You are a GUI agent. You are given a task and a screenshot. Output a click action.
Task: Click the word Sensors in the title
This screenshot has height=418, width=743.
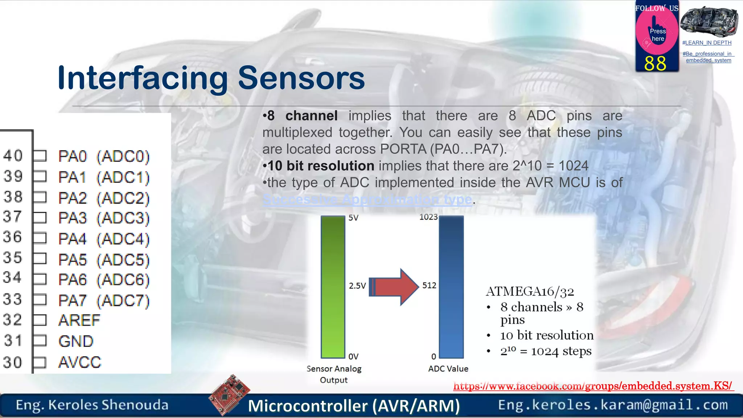(301, 78)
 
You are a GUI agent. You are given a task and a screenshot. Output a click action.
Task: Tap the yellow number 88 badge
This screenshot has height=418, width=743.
(655, 63)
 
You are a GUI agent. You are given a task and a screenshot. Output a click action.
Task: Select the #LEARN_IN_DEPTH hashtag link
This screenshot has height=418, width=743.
(707, 43)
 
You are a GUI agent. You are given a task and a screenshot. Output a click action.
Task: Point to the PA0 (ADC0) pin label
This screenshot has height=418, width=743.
(104, 156)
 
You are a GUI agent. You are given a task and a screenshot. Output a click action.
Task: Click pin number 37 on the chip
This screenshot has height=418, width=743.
(13, 217)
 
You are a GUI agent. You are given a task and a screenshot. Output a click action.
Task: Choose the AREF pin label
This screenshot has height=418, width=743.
(79, 320)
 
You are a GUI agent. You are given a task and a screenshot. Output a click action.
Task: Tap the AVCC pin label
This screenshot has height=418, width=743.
(80, 362)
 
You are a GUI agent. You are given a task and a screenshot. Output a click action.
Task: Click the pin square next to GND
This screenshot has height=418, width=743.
(40, 341)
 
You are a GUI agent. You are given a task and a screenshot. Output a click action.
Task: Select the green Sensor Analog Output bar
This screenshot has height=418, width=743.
(333, 287)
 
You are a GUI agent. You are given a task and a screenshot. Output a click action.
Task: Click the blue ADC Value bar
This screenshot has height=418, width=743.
(451, 287)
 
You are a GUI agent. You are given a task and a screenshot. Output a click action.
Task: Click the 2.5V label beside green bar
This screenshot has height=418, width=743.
(357, 286)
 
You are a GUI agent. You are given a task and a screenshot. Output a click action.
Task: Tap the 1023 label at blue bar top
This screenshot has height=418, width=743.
(428, 217)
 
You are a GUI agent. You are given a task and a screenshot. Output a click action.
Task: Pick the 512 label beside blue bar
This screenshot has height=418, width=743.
(429, 286)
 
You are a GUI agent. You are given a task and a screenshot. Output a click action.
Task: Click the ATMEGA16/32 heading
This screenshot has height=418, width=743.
(530, 291)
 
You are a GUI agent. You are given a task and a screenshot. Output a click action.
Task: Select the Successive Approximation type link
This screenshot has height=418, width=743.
(367, 199)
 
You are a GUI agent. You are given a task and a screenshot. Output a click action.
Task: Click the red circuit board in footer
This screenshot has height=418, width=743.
(230, 394)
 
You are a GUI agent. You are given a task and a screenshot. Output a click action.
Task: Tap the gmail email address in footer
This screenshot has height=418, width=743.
(613, 405)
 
